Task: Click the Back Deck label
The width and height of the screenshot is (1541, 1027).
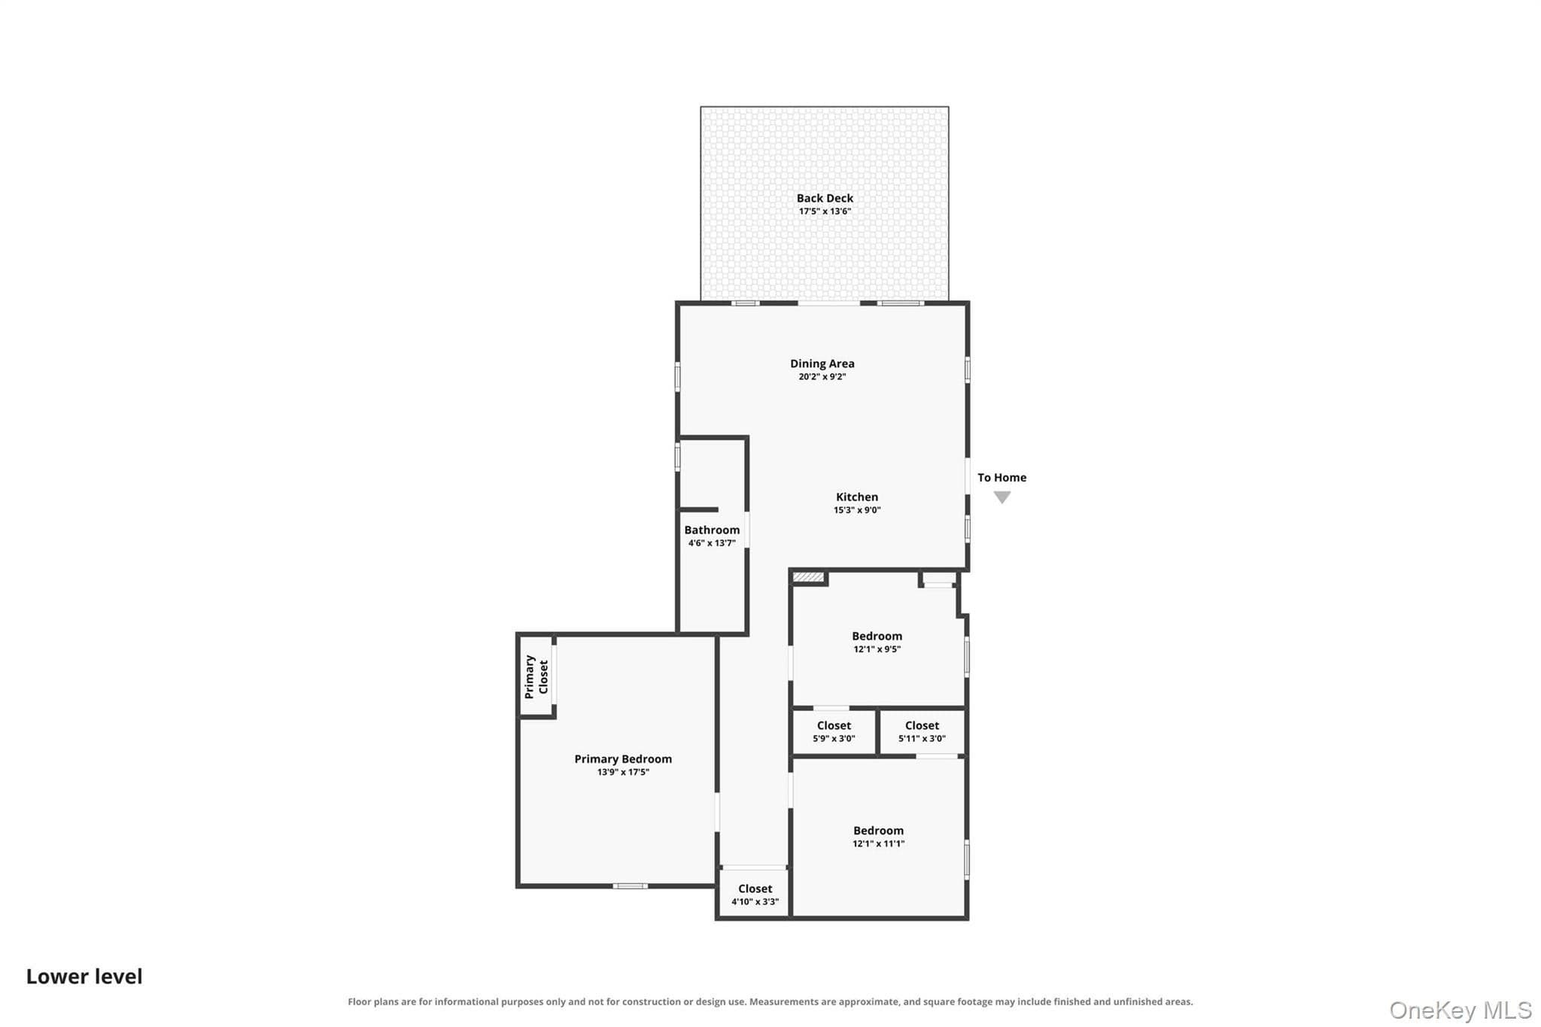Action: click(x=825, y=199)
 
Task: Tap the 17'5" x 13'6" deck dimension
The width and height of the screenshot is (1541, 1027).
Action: click(x=825, y=211)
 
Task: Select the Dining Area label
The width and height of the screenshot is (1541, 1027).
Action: click(x=822, y=364)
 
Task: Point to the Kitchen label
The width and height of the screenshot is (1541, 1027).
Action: click(x=857, y=497)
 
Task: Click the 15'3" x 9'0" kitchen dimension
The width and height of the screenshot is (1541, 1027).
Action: click(x=857, y=510)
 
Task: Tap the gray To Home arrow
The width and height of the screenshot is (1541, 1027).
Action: click(x=1001, y=497)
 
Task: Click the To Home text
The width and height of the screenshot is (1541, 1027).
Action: click(x=1001, y=478)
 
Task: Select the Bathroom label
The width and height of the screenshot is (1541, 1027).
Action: click(x=712, y=530)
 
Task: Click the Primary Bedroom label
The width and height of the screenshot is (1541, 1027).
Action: click(x=623, y=759)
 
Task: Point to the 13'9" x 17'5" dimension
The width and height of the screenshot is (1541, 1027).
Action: click(x=623, y=772)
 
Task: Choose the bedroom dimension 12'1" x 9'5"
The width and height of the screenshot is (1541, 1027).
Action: click(x=877, y=649)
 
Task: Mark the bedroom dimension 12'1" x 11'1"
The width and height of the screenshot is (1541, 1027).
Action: click(x=878, y=844)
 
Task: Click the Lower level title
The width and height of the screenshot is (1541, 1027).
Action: click(x=84, y=977)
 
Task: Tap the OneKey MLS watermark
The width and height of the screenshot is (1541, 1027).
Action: click(x=1460, y=1010)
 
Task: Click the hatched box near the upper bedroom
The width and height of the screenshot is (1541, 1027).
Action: click(x=808, y=577)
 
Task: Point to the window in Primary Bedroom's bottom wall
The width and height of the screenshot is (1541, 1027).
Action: click(x=630, y=886)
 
